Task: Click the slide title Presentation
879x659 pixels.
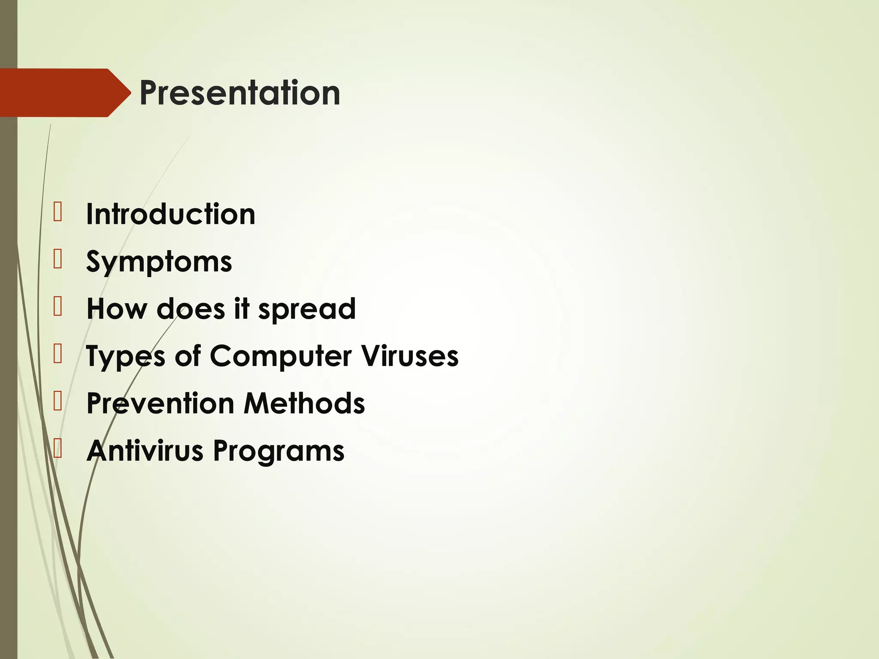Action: click(239, 93)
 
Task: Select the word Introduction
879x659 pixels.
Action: click(170, 214)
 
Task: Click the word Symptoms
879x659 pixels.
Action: click(159, 262)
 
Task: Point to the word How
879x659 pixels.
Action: click(116, 309)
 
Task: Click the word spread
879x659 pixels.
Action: click(307, 309)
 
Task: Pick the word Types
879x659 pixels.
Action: click(125, 357)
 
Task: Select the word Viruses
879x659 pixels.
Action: click(409, 357)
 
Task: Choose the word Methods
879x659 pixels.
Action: click(304, 404)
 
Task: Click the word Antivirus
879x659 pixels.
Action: click(145, 451)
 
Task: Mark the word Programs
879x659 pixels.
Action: click(279, 451)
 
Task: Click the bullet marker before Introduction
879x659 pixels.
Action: click(58, 212)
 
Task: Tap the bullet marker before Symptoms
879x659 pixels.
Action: click(58, 260)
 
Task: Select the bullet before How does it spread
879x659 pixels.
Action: click(58, 307)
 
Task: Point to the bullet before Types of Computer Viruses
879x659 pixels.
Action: click(58, 354)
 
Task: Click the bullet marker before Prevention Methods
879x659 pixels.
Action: click(58, 402)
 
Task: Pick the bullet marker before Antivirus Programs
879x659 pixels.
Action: click(58, 449)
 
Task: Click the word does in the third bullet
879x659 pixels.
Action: click(191, 309)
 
